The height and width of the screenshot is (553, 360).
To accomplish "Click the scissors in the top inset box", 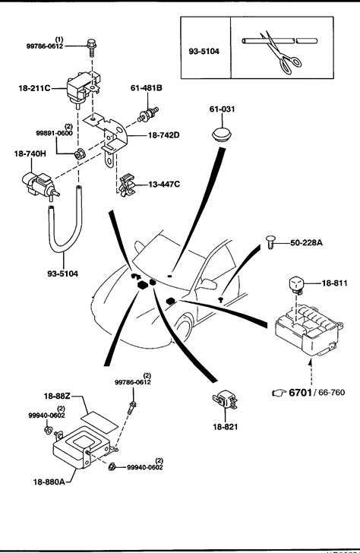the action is pyautogui.click(x=282, y=55).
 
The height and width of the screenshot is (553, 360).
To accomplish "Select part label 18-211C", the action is pyautogui.click(x=34, y=88).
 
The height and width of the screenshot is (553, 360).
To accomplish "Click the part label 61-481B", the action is pyautogui.click(x=147, y=88).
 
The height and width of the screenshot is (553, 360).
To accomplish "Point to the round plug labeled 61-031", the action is pyautogui.click(x=222, y=134).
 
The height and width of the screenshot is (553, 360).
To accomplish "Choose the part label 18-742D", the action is pyautogui.click(x=163, y=135).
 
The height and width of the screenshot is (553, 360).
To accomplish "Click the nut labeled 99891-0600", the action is pyautogui.click(x=79, y=154).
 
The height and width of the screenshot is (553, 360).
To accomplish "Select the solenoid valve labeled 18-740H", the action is pyautogui.click(x=38, y=185).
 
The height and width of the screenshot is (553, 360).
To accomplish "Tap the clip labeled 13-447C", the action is pyautogui.click(x=126, y=185).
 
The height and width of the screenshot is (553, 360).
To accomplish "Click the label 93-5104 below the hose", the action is pyautogui.click(x=63, y=273).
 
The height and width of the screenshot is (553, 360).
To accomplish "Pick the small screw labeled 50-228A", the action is pyautogui.click(x=270, y=242).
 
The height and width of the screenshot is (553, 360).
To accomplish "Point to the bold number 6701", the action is pyautogui.click(x=301, y=392).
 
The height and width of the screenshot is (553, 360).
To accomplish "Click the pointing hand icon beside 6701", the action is pyautogui.click(x=279, y=393).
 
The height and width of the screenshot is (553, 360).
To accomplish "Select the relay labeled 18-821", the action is pyautogui.click(x=225, y=400).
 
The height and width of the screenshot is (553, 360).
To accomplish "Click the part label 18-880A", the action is pyautogui.click(x=49, y=482).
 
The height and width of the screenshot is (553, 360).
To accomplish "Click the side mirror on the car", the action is pyautogui.click(x=209, y=283).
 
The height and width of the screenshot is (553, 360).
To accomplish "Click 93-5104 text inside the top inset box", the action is pyautogui.click(x=204, y=52).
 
